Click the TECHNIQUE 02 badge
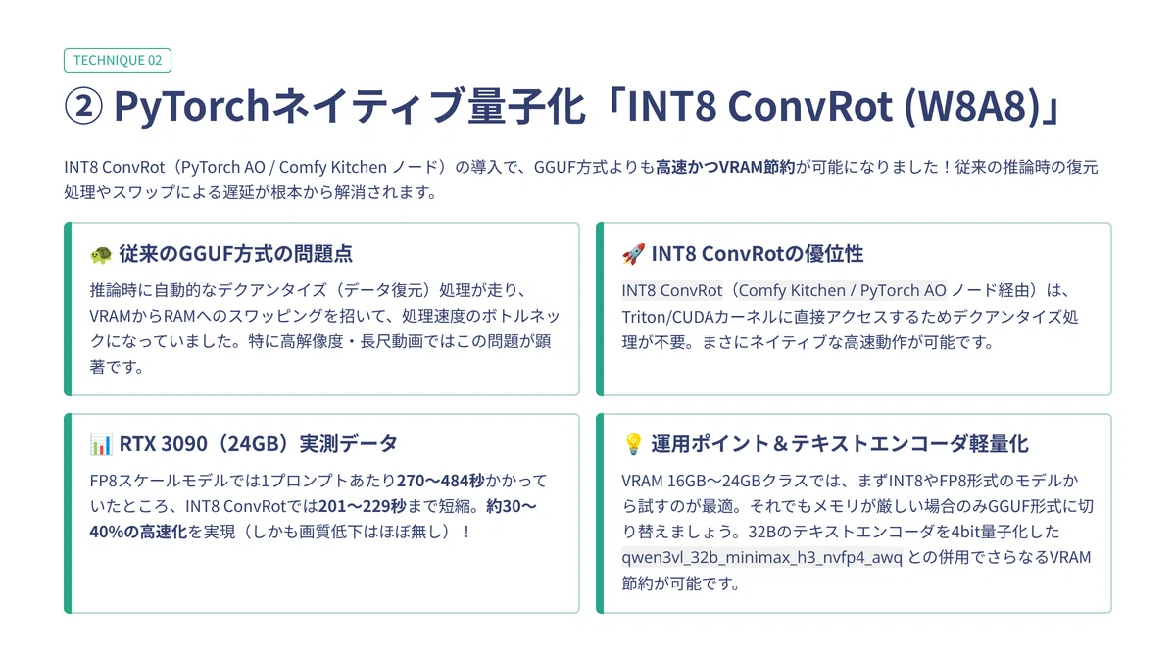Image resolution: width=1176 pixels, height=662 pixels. (x=117, y=60)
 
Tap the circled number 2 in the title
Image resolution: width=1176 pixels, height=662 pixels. (x=83, y=106)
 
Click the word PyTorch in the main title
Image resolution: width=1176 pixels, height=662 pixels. (x=192, y=106)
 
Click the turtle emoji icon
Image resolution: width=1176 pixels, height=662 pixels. (x=101, y=255)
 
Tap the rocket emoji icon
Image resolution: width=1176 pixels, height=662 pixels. (x=633, y=254)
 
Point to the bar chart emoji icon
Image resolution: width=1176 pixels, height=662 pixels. (x=101, y=444)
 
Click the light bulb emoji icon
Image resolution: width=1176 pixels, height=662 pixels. (x=633, y=444)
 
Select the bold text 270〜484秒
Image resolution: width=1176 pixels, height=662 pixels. (x=440, y=481)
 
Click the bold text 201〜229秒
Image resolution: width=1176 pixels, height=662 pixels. (x=363, y=506)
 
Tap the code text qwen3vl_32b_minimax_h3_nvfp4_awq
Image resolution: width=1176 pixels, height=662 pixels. (x=761, y=557)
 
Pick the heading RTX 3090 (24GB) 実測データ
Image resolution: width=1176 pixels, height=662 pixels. (x=259, y=444)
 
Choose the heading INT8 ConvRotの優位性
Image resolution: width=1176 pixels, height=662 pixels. (x=757, y=254)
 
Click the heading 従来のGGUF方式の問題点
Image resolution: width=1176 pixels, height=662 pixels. (x=236, y=254)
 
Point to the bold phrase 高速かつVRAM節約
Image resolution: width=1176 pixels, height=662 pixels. (x=725, y=167)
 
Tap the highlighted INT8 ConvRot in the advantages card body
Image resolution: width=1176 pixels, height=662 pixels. (x=672, y=290)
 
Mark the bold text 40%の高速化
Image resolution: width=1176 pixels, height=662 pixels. (x=138, y=532)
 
